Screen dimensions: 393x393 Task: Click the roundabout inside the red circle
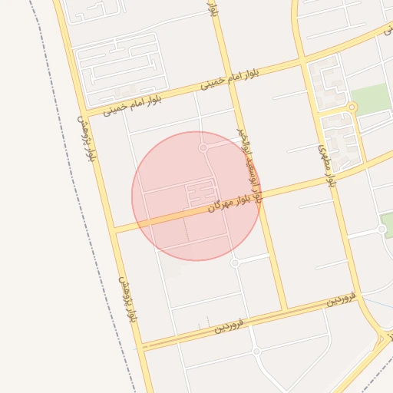click(x=203, y=147)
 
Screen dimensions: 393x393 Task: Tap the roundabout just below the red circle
click(x=235, y=263)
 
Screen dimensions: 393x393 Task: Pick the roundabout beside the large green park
click(x=352, y=107)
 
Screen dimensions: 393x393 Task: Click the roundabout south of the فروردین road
click(x=256, y=351)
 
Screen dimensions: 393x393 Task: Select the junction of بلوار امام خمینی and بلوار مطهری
click(x=305, y=59)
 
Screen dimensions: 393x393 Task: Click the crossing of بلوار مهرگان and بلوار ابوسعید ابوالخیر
click(x=260, y=196)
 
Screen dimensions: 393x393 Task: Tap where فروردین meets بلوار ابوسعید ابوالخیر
click(x=285, y=310)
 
